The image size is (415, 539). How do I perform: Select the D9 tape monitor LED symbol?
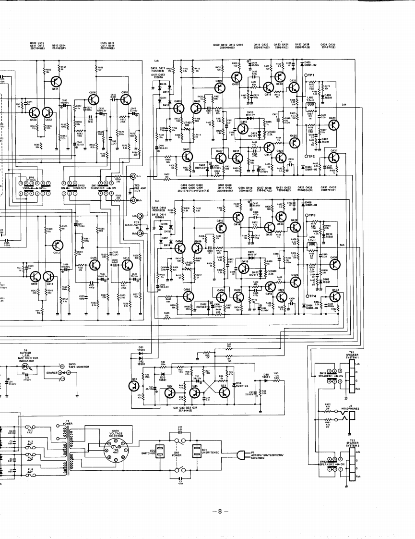click(x=25, y=366)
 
